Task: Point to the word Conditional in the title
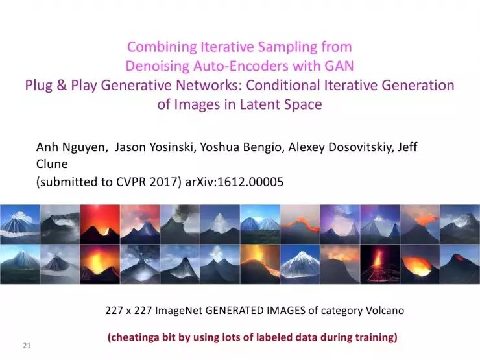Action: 315,85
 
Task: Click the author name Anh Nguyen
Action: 72,147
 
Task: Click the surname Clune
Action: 52,165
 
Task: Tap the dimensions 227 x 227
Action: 128,311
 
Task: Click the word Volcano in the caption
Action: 384,311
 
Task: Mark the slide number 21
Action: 27,344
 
